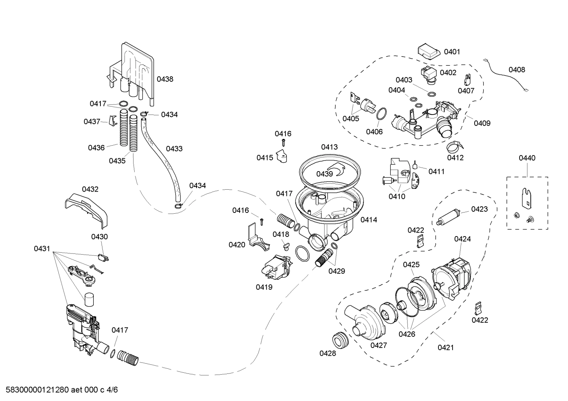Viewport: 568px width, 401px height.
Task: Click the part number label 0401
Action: click(x=452, y=52)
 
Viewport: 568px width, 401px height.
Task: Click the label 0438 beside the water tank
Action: click(x=165, y=79)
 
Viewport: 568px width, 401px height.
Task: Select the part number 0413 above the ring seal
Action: click(x=329, y=147)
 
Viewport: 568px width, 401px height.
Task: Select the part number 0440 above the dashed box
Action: click(x=527, y=158)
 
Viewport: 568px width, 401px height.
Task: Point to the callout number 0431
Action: click(x=42, y=249)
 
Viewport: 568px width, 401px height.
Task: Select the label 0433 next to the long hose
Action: click(x=174, y=149)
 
